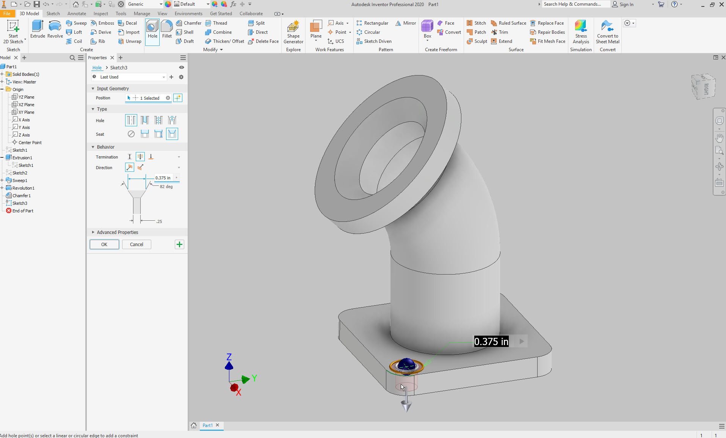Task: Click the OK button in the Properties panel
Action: pyautogui.click(x=104, y=245)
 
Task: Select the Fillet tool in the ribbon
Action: pyautogui.click(x=167, y=30)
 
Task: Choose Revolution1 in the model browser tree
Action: pyautogui.click(x=23, y=188)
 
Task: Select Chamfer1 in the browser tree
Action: pyautogui.click(x=21, y=196)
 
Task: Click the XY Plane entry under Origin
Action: pyautogui.click(x=26, y=112)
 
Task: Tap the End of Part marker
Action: pyautogui.click(x=22, y=211)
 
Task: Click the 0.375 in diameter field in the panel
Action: pyautogui.click(x=163, y=178)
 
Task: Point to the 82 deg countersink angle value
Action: pyautogui.click(x=166, y=187)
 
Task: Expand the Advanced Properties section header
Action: pyautogui.click(x=117, y=232)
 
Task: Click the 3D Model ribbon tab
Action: pyautogui.click(x=29, y=13)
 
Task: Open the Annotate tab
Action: pyautogui.click(x=77, y=13)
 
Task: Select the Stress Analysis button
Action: pyautogui.click(x=581, y=32)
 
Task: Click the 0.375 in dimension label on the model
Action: pyautogui.click(x=491, y=342)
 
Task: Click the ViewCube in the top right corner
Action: pyautogui.click(x=704, y=87)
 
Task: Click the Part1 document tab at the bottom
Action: pyautogui.click(x=207, y=425)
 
